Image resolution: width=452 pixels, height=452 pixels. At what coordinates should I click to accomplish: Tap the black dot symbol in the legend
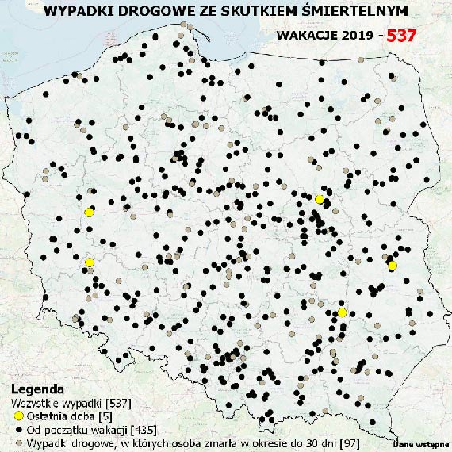point(19,430)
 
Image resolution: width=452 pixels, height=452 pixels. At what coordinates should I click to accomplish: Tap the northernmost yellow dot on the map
point(319,199)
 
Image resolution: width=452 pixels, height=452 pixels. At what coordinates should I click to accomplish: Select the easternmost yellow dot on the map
point(392,266)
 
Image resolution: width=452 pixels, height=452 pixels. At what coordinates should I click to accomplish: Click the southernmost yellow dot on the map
point(342,312)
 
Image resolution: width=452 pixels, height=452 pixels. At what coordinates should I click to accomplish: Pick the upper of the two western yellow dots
point(90,212)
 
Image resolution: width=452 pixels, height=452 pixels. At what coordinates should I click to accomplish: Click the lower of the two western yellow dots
point(90,262)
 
